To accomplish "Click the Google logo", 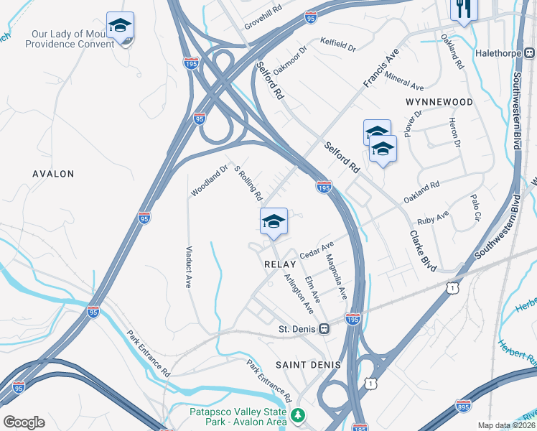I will (24, 422).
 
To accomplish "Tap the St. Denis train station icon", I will (324, 328).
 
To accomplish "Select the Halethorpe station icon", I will (528, 53).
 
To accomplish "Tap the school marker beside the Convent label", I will (120, 27).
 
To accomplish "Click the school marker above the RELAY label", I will (274, 221).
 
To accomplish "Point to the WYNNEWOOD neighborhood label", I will (439, 102).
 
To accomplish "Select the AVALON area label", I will (54, 174).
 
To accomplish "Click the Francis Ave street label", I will (380, 69).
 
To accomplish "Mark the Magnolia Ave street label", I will (336, 277).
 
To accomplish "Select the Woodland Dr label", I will (209, 180).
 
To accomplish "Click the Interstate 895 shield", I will (464, 405).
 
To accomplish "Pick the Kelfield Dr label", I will (337, 45).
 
